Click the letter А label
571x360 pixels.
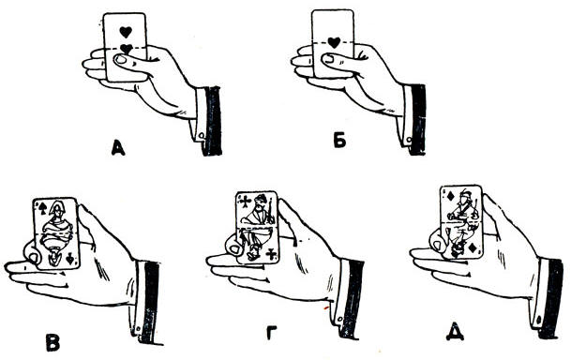pyautogui.click(x=118, y=148)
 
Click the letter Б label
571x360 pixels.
pyautogui.click(x=339, y=141)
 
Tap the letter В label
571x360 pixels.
pyautogui.click(x=53, y=342)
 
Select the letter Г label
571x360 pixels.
pyautogui.click(x=271, y=333)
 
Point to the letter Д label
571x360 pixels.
pyautogui.click(x=455, y=332)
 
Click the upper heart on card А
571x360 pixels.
pyautogui.click(x=126, y=32)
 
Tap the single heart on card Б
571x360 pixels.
pyautogui.click(x=334, y=43)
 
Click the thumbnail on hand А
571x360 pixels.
pyautogui.click(x=120, y=59)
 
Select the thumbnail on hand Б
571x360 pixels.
pyautogui.click(x=328, y=58)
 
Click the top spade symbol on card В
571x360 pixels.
pyautogui.click(x=42, y=208)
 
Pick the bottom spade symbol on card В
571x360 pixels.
pyautogui.click(x=70, y=259)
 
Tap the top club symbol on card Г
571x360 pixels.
pyautogui.click(x=246, y=201)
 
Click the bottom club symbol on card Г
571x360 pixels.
pyautogui.click(x=270, y=254)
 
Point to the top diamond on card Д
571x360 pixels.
pyautogui.click(x=450, y=196)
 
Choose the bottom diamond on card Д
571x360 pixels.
pyautogui.click(x=473, y=247)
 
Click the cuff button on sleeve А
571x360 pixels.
pyautogui.click(x=201, y=135)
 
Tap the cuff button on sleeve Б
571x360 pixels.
pyautogui.click(x=408, y=140)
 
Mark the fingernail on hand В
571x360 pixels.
pyautogui.click(x=35, y=258)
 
